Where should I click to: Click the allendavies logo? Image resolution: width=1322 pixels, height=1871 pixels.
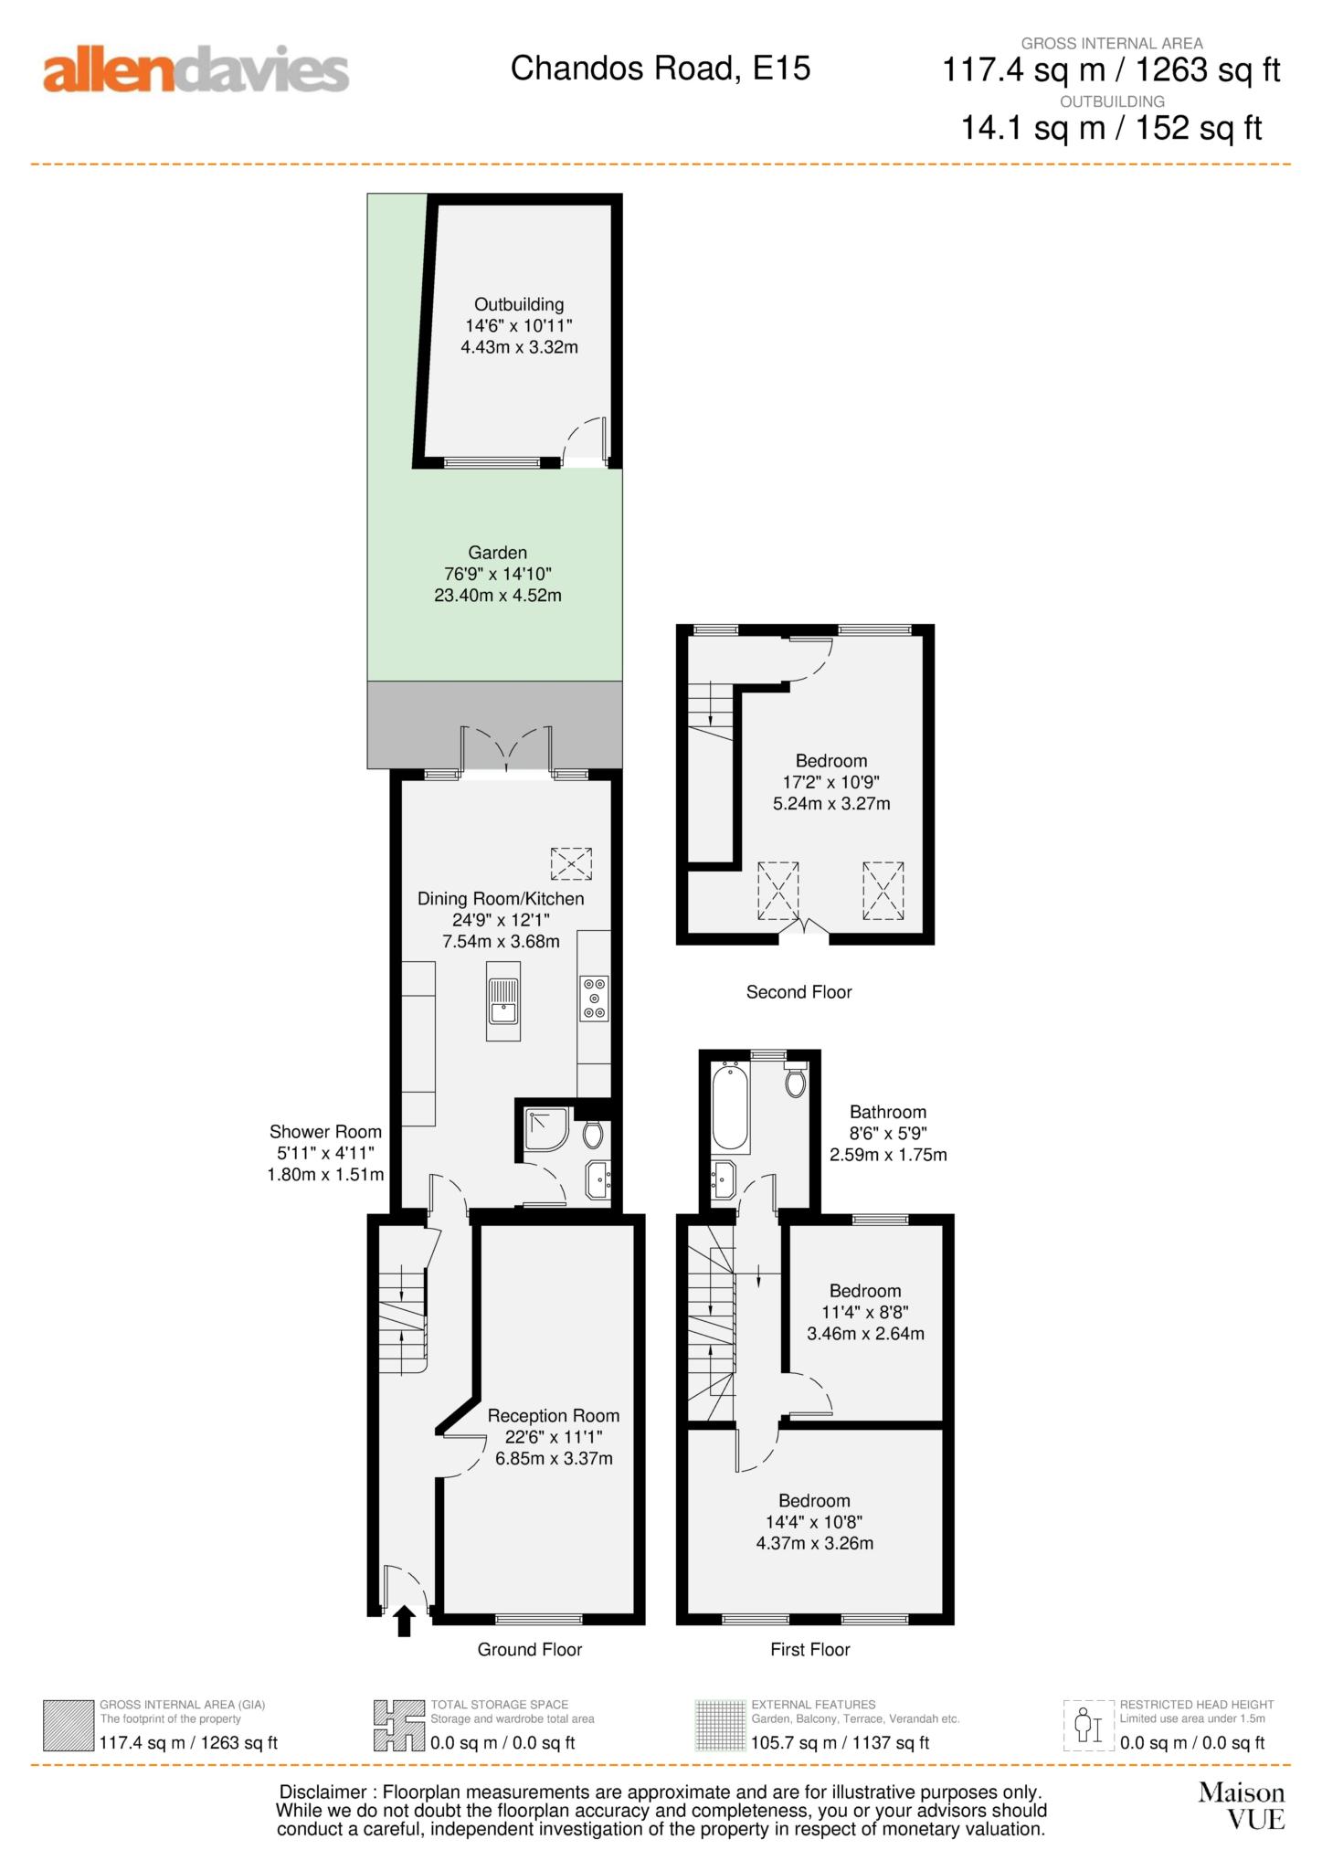click(196, 71)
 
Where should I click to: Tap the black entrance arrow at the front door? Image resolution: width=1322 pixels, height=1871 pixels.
click(404, 1622)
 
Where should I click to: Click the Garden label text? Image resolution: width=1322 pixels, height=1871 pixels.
click(498, 553)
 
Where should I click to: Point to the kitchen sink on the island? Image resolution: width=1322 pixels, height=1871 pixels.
click(503, 1000)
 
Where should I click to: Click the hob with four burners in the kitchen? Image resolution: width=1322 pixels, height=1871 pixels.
click(594, 999)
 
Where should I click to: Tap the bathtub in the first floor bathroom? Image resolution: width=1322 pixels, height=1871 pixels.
click(731, 1105)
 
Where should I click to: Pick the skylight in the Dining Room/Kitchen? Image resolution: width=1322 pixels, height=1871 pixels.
click(571, 863)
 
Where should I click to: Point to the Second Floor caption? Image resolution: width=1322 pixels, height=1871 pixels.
click(798, 992)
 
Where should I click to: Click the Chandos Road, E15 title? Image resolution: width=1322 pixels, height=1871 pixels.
click(661, 69)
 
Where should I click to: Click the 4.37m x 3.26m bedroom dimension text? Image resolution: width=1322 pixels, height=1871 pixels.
click(815, 1543)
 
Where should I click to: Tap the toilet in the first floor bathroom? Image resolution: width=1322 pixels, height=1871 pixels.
click(796, 1079)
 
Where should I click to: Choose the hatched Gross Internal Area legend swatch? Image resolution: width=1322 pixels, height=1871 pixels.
click(69, 1726)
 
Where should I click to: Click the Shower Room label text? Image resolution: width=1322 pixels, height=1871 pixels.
click(325, 1132)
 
